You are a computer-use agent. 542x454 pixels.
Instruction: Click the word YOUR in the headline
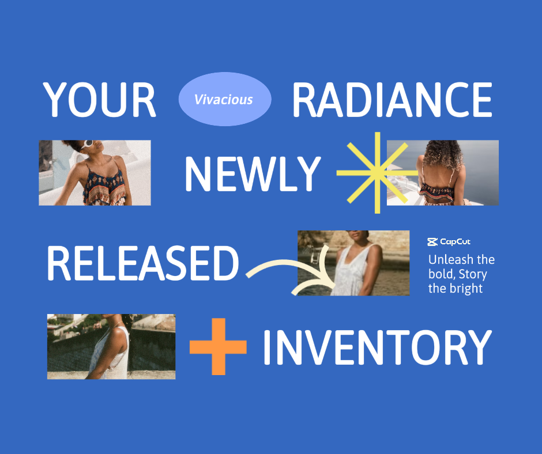(99, 100)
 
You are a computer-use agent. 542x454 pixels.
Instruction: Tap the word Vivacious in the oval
(223, 100)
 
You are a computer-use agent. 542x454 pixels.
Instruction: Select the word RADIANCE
(392, 100)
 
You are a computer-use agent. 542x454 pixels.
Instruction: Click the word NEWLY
(253, 174)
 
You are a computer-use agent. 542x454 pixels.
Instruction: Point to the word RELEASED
(143, 263)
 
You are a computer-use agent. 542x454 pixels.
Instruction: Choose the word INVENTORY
(377, 347)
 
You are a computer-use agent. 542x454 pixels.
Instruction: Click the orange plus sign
(218, 346)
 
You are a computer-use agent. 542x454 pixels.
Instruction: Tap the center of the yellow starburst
(378, 173)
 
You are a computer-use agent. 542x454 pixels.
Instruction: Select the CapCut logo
(449, 242)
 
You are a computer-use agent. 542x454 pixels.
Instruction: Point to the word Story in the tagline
(473, 275)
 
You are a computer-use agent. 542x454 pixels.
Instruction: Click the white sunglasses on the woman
(87, 143)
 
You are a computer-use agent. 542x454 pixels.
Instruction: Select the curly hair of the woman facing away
(443, 154)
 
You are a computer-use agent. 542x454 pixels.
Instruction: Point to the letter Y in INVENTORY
(478, 347)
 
